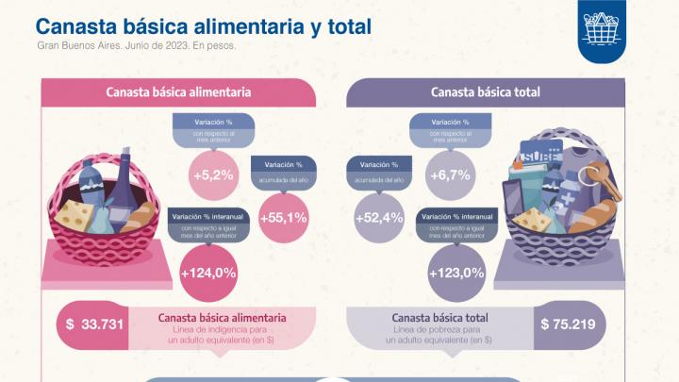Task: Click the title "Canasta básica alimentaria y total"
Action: pyautogui.click(x=204, y=25)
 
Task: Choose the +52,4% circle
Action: pyautogui.click(x=379, y=217)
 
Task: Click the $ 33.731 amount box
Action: pyautogui.click(x=91, y=324)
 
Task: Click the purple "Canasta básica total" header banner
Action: pyautogui.click(x=485, y=92)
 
